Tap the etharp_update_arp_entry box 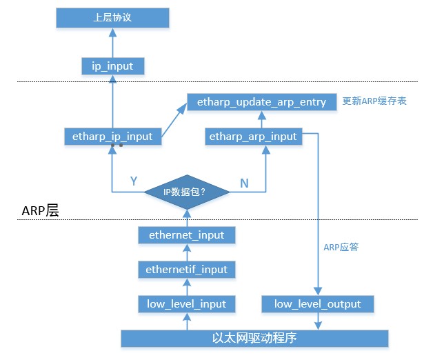click(x=261, y=102)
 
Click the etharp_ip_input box click(x=112, y=137)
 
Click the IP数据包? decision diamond click(x=187, y=192)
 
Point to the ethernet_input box click(x=187, y=235)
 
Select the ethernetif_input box click(x=187, y=269)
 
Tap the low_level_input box click(x=187, y=303)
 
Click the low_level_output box click(x=317, y=303)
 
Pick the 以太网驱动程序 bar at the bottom click(x=255, y=339)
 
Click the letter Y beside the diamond click(x=134, y=181)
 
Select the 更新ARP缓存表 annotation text click(x=374, y=101)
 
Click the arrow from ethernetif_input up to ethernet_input click(x=187, y=252)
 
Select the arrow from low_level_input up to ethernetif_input click(x=187, y=286)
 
